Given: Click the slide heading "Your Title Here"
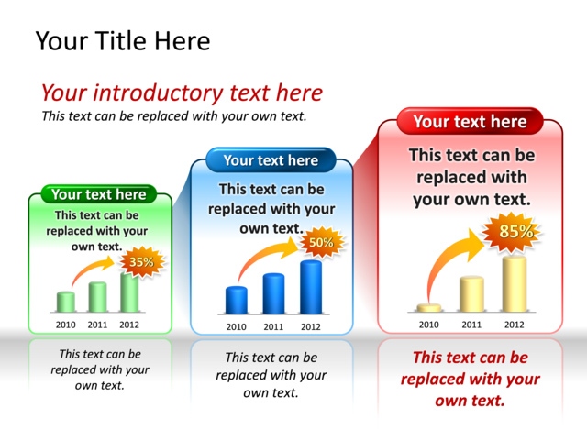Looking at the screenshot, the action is (123, 40).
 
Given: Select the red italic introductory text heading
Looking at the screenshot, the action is (182, 93).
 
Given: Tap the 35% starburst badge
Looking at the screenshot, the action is (142, 262).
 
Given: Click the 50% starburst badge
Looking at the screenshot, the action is (321, 242).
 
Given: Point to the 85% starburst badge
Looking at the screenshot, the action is (515, 232).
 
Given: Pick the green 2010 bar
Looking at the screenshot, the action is (66, 302).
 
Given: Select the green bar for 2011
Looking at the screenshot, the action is (98, 297).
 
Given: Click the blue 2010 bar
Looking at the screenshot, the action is (237, 300).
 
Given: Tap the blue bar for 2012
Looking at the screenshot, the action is (311, 287).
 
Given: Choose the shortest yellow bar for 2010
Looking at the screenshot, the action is (429, 308).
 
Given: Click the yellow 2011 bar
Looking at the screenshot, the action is (471, 294).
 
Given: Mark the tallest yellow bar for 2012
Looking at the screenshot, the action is (515, 284).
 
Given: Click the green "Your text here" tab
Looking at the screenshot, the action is (99, 194).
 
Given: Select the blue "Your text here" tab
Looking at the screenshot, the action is (271, 160).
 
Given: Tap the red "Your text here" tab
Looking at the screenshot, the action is (470, 121).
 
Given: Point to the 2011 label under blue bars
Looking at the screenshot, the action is (273, 327).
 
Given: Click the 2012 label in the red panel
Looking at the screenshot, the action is (514, 324).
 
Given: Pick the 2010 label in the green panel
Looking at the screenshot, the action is (66, 324).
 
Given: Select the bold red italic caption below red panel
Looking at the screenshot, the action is (471, 379).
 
